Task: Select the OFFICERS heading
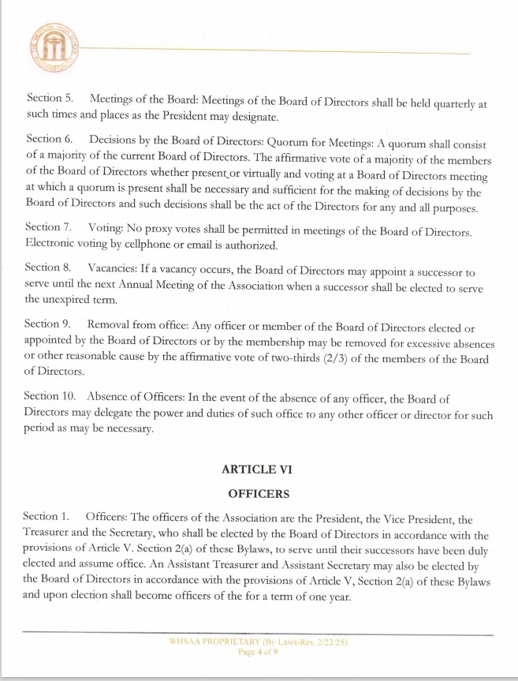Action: (259, 494)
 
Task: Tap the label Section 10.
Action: (51, 395)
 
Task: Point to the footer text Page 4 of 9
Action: (259, 653)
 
